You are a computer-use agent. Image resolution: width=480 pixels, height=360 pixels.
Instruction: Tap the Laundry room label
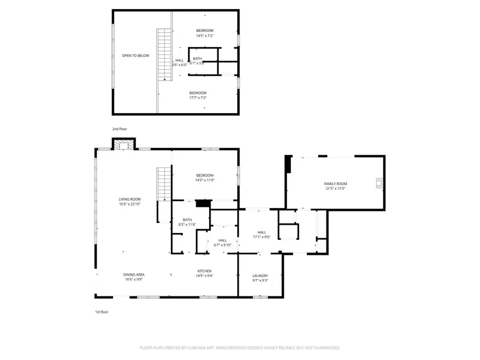(x=260, y=276)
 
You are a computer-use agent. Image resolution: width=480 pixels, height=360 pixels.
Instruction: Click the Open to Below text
(x=135, y=55)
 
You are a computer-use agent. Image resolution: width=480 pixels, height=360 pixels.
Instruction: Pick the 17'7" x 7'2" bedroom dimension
(x=198, y=98)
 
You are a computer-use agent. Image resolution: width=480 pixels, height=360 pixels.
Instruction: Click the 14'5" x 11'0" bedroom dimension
(x=205, y=180)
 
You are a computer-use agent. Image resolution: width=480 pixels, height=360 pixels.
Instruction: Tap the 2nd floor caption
(x=119, y=129)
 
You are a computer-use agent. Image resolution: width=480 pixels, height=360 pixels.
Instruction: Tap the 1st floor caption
(x=101, y=311)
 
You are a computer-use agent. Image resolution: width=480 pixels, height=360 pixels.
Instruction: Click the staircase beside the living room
(x=164, y=183)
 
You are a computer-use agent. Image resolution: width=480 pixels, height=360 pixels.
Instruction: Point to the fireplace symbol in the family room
(x=379, y=183)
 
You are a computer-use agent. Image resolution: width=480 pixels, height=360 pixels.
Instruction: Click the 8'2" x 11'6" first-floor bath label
(x=187, y=222)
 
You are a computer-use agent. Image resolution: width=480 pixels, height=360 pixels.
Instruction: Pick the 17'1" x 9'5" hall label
(x=261, y=234)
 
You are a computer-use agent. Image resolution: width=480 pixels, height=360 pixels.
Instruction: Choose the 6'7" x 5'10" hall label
(x=222, y=243)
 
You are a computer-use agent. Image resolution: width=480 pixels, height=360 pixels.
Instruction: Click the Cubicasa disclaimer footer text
(x=239, y=348)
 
